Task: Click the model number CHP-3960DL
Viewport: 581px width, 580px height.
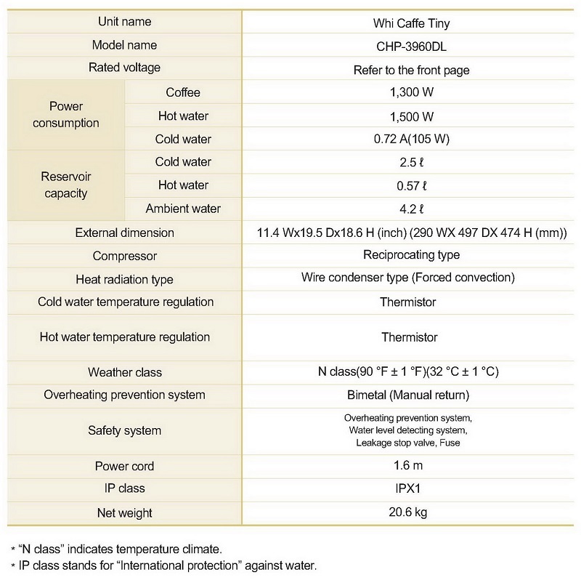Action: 411,46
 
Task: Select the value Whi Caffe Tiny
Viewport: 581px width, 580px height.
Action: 411,23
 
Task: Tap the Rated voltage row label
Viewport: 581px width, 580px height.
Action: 124,68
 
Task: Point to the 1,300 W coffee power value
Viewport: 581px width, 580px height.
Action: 411,93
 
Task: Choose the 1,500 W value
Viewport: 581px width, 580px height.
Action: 411,116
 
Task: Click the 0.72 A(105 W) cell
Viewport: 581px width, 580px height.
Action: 411,140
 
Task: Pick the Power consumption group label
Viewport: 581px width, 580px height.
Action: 66,115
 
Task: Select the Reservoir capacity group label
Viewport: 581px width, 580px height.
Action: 66,185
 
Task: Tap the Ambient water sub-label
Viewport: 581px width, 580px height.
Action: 183,209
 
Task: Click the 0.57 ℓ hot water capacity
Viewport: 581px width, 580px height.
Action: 411,185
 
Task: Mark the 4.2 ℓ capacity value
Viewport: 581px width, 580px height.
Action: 411,209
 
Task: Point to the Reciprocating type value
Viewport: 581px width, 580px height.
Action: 411,255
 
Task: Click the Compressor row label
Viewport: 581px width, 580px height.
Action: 124,256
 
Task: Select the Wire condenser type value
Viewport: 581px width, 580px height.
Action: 407,278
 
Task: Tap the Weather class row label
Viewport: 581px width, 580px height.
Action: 124,372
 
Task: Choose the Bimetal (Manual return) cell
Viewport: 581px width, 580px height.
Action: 408,395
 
